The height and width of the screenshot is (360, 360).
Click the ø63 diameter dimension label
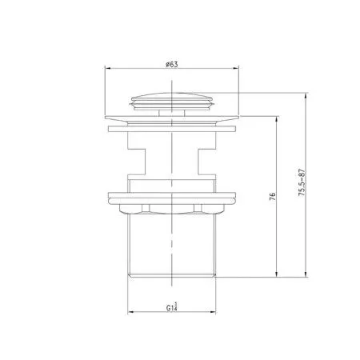172,64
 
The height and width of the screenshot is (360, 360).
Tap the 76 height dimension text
272,197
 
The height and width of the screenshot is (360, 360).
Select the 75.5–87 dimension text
302,182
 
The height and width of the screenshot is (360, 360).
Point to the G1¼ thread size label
172,307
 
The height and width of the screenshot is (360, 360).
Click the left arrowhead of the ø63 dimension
107,68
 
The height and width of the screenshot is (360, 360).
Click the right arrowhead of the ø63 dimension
236,68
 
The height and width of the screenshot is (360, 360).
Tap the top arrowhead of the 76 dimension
277,119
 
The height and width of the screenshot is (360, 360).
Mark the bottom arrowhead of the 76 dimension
277,274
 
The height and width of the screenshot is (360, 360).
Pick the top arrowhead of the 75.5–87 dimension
306,96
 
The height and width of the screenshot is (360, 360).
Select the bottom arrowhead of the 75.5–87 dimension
306,274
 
